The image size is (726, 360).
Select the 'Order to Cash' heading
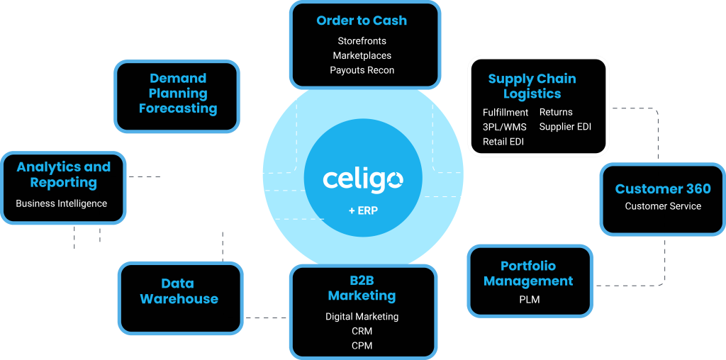pyautogui.click(x=362, y=21)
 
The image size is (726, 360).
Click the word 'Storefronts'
pyautogui.click(x=362, y=41)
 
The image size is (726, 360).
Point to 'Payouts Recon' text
pyautogui.click(x=362, y=70)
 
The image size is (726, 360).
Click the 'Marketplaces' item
pyautogui.click(x=362, y=55)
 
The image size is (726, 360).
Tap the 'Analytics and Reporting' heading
pyautogui.click(x=64, y=174)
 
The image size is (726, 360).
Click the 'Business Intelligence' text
pyautogui.click(x=62, y=203)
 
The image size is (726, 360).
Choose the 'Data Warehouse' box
pyautogui.click(x=179, y=291)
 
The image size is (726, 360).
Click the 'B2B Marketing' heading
pyautogui.click(x=362, y=288)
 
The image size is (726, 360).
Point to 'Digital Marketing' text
pyautogui.click(x=362, y=317)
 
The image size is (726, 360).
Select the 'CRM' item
pyautogui.click(x=362, y=331)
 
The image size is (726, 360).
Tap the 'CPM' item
pyautogui.click(x=362, y=346)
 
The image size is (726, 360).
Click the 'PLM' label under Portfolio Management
pyautogui.click(x=529, y=300)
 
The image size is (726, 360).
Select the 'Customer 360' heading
pyautogui.click(x=662, y=189)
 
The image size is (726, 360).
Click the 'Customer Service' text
pyautogui.click(x=663, y=206)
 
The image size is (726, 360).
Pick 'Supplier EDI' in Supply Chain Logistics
pyautogui.click(x=565, y=127)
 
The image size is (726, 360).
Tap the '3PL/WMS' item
pyautogui.click(x=504, y=127)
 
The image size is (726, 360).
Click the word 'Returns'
pyautogui.click(x=556, y=112)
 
